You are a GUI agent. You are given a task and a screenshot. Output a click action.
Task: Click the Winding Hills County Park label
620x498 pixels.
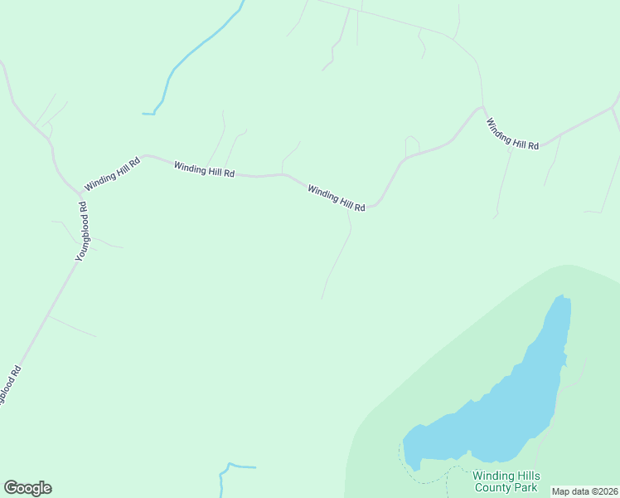tap(506, 481)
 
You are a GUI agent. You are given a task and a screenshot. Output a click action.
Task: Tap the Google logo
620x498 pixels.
tap(27, 488)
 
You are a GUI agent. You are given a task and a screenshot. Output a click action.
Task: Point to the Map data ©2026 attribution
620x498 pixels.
tap(585, 491)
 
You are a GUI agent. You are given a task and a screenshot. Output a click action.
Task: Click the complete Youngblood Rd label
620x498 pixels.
tap(82, 233)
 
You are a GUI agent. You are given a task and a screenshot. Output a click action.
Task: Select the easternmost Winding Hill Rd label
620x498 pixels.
tap(512, 134)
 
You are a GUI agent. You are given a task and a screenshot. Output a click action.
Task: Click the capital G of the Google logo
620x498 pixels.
tap(11, 488)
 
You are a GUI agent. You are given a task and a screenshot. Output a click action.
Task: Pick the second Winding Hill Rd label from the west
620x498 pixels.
tap(204, 168)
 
